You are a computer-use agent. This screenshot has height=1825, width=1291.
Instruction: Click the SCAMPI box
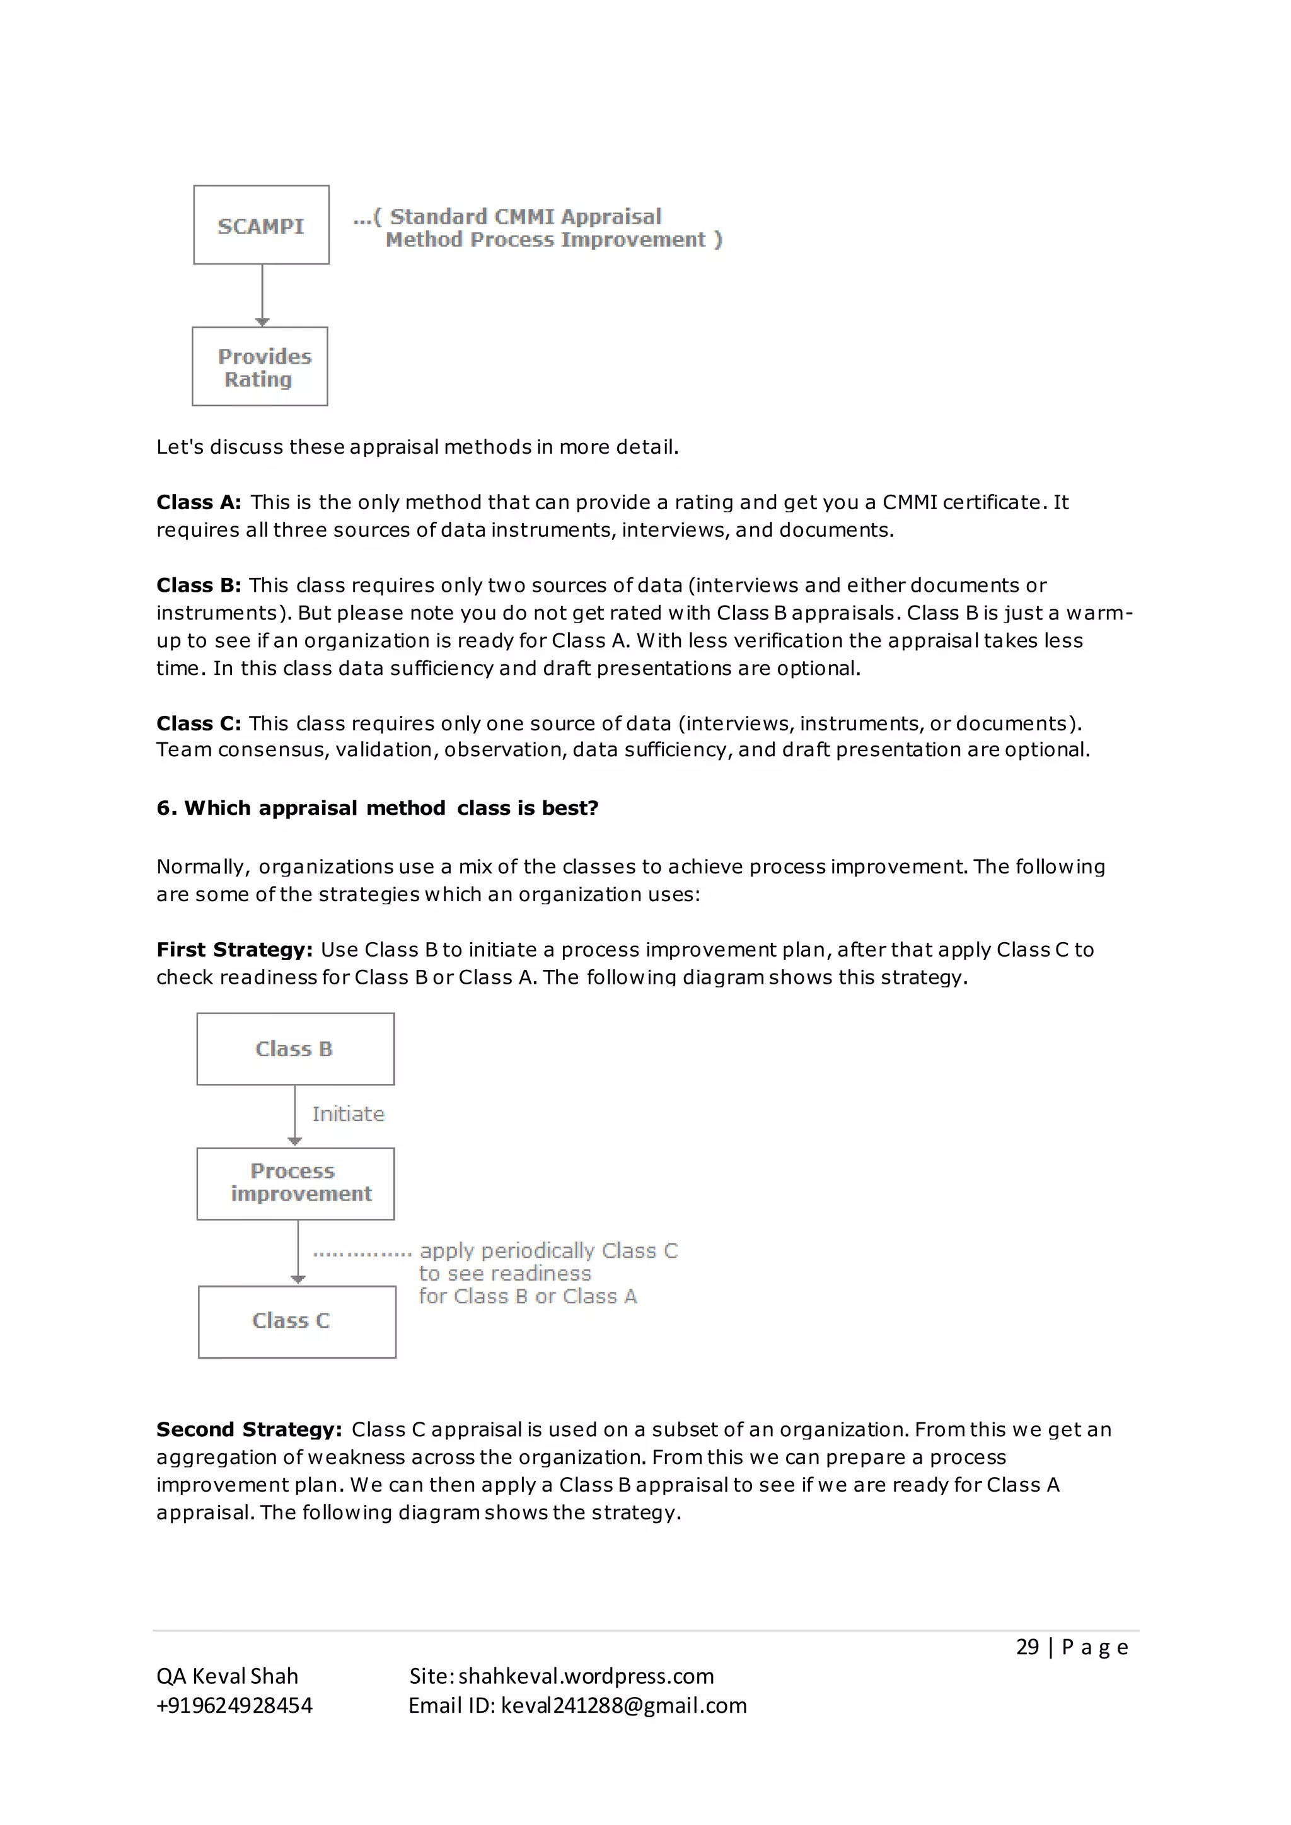(261, 226)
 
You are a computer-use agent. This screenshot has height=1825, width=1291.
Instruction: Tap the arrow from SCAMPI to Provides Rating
(262, 295)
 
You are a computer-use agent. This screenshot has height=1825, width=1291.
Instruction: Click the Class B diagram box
(295, 1049)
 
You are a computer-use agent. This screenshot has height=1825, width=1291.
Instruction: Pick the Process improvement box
(295, 1183)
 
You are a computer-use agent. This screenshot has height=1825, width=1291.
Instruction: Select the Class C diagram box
(296, 1320)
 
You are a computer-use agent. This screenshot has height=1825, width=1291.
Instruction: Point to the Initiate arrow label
(348, 1114)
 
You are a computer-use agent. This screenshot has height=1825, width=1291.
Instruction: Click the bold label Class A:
(198, 502)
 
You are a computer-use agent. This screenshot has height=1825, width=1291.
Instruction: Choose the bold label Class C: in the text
(198, 723)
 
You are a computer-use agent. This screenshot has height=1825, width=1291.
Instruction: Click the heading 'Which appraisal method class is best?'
(378, 809)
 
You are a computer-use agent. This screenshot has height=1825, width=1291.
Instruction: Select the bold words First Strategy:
(234, 950)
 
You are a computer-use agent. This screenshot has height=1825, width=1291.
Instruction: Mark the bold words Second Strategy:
(249, 1429)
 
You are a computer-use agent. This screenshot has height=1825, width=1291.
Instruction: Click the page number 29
(1027, 1647)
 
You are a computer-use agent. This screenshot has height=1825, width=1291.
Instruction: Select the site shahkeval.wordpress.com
(586, 1676)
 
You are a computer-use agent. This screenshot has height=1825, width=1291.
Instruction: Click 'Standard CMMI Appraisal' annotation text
(524, 216)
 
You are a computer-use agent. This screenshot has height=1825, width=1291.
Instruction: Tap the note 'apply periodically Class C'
(548, 1250)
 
